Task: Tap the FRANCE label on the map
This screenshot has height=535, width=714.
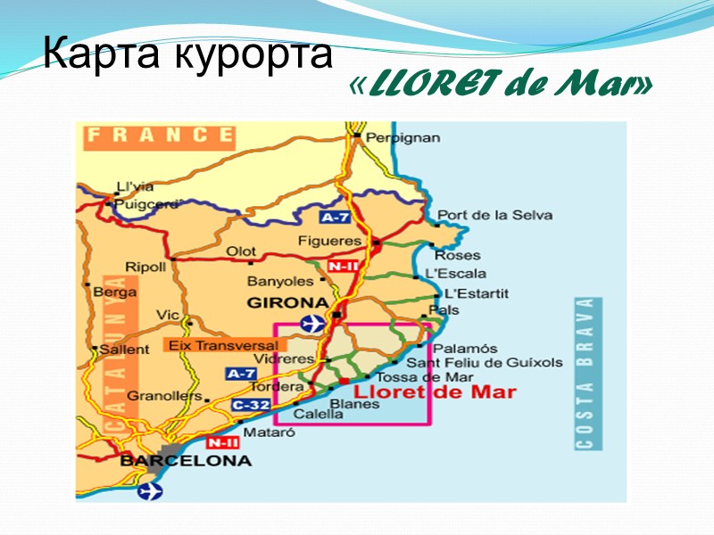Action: tap(159, 136)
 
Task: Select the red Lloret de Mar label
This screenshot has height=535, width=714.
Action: tap(435, 391)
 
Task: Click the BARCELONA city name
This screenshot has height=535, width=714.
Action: tap(185, 461)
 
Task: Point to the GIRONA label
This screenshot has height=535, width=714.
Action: tap(288, 302)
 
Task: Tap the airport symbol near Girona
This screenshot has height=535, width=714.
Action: tap(312, 322)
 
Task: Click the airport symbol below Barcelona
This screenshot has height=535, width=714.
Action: tap(152, 490)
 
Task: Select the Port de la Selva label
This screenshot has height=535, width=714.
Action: tap(494, 215)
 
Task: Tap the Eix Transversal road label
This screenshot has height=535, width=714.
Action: tap(222, 344)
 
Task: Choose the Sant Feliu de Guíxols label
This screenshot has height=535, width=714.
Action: tap(485, 362)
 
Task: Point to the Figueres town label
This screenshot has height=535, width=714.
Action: tap(330, 241)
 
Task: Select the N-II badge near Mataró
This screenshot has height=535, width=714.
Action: tap(222, 442)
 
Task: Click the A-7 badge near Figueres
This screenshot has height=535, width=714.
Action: tap(336, 217)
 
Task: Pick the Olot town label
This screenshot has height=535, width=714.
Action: tap(241, 251)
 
